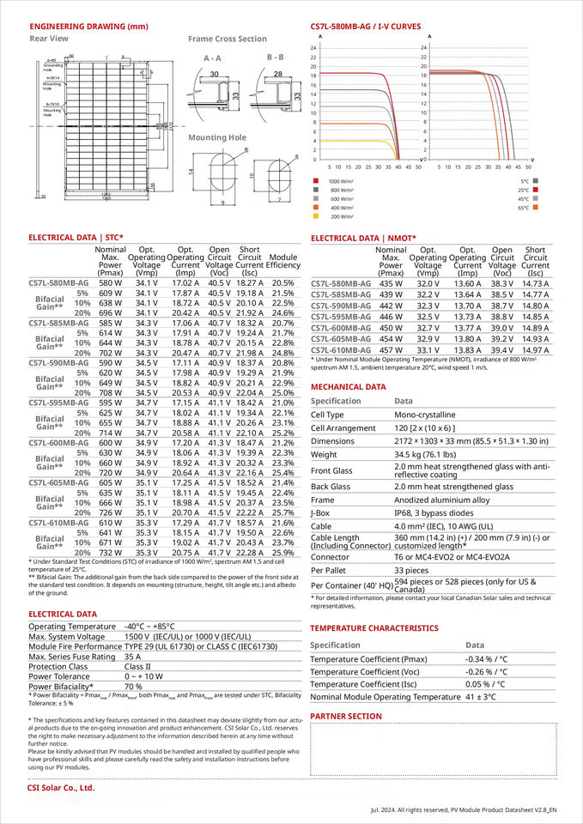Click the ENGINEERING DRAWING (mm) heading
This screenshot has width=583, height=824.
pyautogui.click(x=88, y=27)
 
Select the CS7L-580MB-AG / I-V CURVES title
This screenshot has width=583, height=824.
pyautogui.click(x=365, y=27)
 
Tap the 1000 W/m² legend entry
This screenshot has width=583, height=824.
pyautogui.click(x=341, y=182)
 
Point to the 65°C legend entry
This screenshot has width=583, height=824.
pyautogui.click(x=524, y=208)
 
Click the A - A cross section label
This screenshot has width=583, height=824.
pyautogui.click(x=212, y=58)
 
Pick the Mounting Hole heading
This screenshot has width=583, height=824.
pyautogui.click(x=217, y=137)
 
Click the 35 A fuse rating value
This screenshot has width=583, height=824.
pyautogui.click(x=132, y=656)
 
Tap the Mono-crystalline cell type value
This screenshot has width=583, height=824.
pyautogui.click(x=429, y=415)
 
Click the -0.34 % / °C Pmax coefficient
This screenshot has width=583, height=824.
pyautogui.click(x=485, y=659)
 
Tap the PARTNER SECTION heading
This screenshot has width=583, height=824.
pyautogui.click(x=346, y=716)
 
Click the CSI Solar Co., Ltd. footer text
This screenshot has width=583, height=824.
pyautogui.click(x=60, y=787)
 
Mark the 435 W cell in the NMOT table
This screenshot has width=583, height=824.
pyautogui.click(x=391, y=283)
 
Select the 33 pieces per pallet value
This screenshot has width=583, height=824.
pyautogui.click(x=412, y=570)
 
